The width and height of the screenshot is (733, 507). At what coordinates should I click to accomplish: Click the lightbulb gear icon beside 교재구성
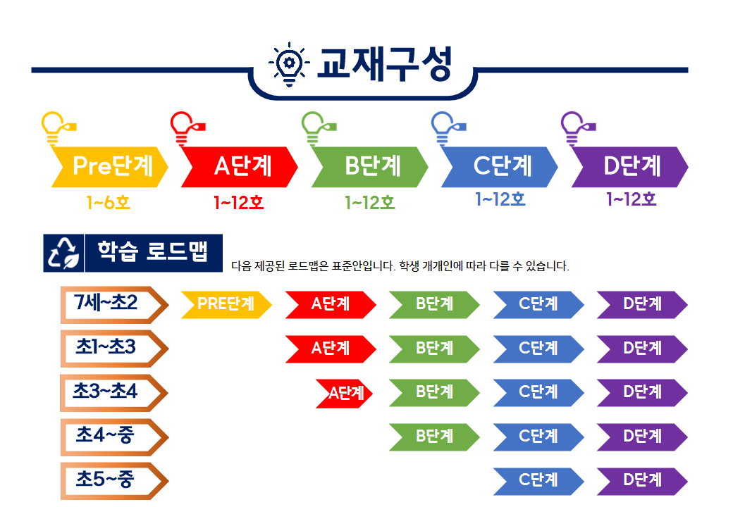click(289, 64)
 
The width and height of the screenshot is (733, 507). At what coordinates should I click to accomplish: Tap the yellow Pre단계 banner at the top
click(110, 167)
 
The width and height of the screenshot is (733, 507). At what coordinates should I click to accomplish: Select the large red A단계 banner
click(240, 167)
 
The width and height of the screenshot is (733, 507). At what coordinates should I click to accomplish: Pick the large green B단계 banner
click(370, 167)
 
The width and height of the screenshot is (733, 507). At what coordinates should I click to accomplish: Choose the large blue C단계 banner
click(500, 167)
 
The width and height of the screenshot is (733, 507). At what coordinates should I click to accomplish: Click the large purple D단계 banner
click(629, 167)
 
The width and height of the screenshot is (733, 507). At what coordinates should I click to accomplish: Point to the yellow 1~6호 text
click(108, 203)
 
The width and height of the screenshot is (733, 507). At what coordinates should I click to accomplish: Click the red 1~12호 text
click(239, 203)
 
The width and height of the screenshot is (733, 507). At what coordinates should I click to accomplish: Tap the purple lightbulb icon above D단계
click(578, 128)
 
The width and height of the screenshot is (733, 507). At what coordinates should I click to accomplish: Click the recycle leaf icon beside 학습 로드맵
click(63, 253)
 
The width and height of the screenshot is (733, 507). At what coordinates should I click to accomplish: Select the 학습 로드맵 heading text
click(152, 251)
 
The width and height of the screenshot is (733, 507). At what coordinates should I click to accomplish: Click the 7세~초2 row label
click(114, 305)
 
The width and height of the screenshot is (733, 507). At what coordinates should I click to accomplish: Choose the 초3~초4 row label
click(114, 393)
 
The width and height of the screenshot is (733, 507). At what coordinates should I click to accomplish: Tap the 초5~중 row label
click(114, 482)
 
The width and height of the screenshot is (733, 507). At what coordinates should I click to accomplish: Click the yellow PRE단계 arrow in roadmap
click(226, 305)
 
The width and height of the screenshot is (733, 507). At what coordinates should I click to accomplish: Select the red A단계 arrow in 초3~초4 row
click(345, 394)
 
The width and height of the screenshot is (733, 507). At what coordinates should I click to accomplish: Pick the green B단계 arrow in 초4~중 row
click(434, 437)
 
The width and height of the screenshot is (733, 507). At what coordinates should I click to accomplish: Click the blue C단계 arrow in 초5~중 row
click(538, 481)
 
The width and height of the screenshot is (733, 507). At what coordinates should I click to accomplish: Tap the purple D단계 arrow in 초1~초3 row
click(642, 349)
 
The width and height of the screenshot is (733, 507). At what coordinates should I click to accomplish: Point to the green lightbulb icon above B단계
click(319, 128)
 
